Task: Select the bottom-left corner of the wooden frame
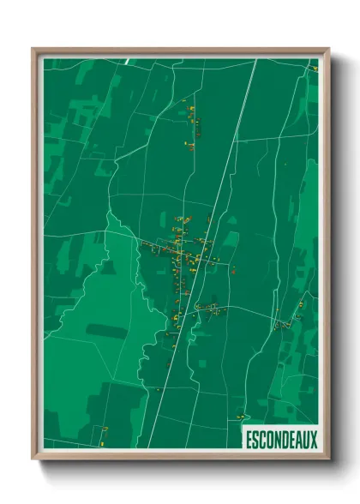click(33, 459)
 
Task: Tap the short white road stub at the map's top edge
click(127, 61)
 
